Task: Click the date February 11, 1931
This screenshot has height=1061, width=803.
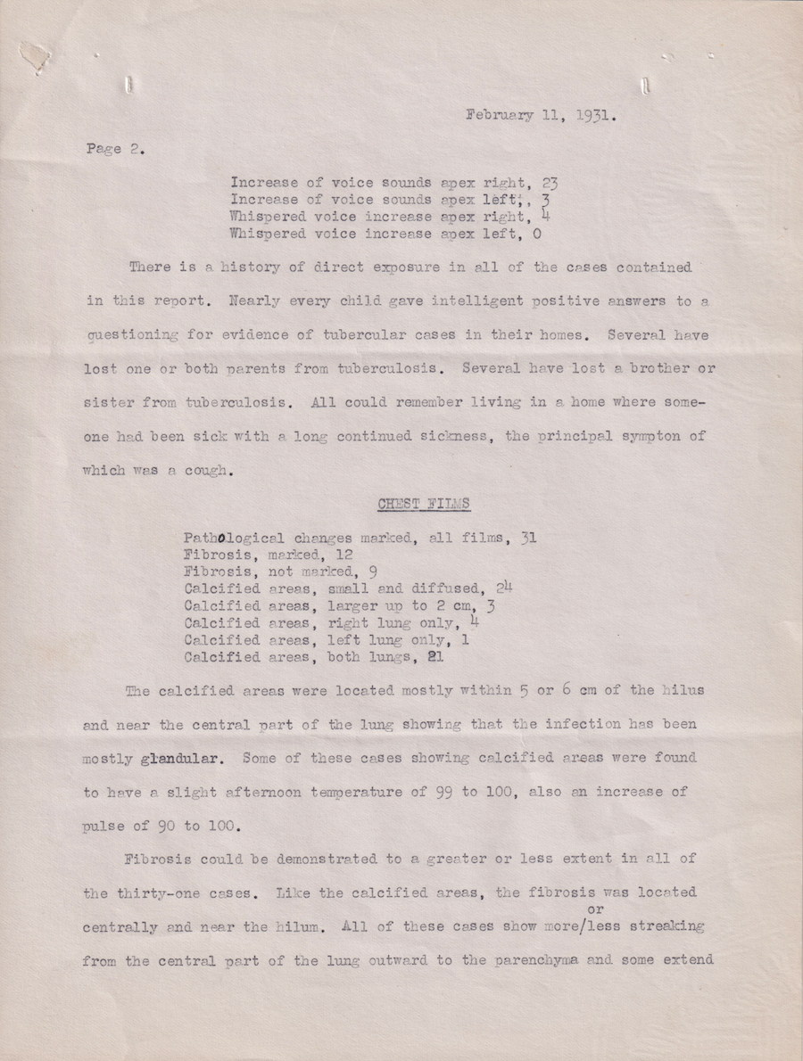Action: [538, 115]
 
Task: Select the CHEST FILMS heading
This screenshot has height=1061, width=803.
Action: [424, 505]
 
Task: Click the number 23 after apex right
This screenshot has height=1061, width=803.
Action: [551, 184]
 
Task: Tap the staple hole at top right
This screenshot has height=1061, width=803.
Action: [644, 86]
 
